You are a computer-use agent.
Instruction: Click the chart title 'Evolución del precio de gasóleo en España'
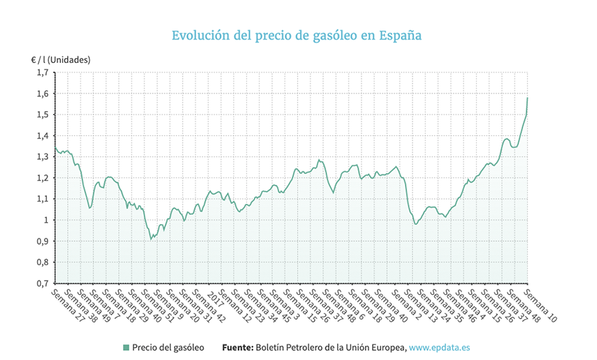297,35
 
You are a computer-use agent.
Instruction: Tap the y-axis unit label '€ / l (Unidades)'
56,59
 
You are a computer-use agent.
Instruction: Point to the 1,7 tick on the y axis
42,72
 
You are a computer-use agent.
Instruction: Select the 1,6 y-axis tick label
42,93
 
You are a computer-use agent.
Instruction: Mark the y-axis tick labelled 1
46,220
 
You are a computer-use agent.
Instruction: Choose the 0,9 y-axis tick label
42,241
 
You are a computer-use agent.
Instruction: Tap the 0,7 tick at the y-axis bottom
42,283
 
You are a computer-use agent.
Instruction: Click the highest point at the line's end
528,98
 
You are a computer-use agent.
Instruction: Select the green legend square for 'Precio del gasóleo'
125,347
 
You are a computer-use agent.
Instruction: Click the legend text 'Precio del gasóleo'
168,347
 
